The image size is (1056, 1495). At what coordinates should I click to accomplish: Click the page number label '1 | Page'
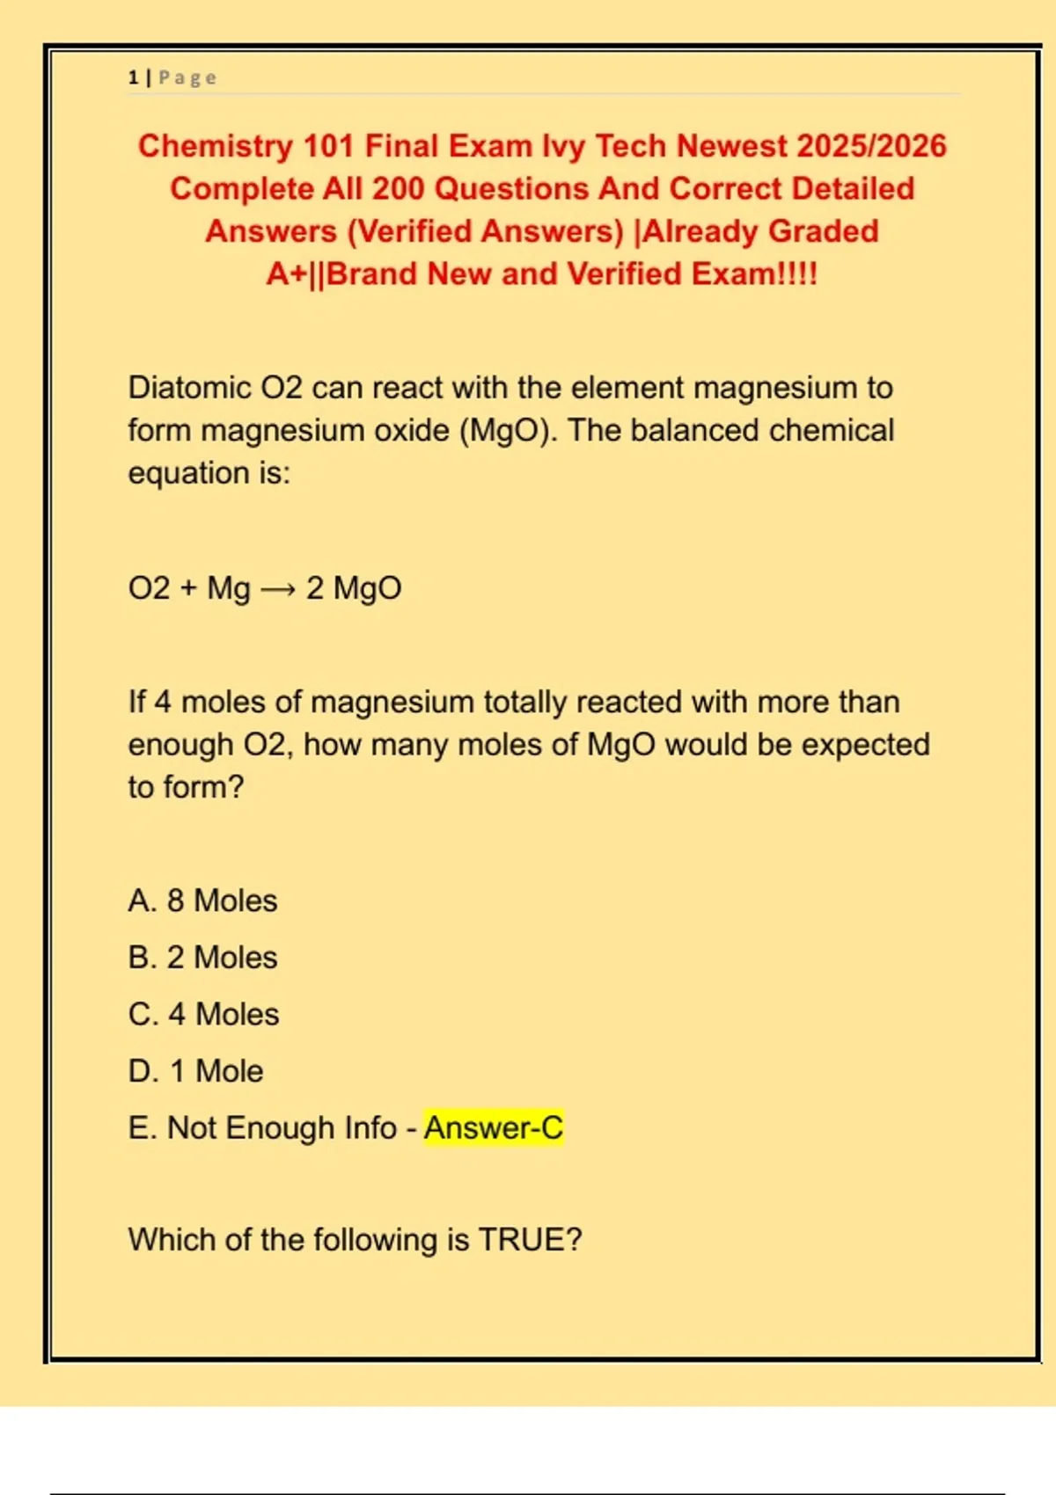(x=172, y=78)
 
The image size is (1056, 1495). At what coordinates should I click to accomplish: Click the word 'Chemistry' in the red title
(x=215, y=146)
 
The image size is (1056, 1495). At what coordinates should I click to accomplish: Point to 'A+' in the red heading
(x=287, y=274)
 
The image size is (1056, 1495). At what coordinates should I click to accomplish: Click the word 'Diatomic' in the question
(x=189, y=388)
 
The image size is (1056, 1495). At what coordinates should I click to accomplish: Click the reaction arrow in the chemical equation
(x=278, y=589)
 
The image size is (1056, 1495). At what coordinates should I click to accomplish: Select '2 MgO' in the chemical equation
(x=354, y=588)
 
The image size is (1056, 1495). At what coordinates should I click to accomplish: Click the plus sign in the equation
(x=188, y=588)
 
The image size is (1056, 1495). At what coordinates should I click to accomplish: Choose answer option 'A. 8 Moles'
(x=202, y=901)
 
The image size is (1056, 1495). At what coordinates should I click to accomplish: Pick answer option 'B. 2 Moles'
(x=202, y=958)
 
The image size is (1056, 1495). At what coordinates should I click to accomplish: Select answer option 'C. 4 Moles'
(x=203, y=1015)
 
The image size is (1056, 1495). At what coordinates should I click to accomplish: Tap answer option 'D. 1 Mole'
(x=195, y=1072)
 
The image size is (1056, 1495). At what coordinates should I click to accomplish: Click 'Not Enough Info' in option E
(x=282, y=1128)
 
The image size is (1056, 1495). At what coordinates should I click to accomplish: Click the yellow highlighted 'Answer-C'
(x=493, y=1128)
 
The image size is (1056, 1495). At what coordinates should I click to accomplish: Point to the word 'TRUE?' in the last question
(x=530, y=1240)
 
